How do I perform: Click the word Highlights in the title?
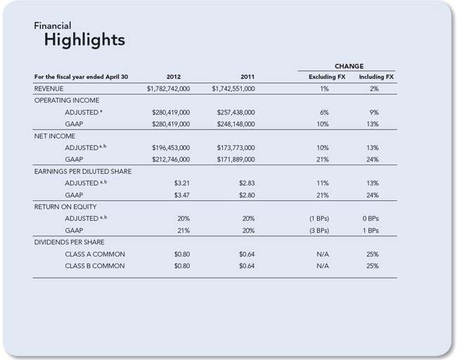coord(84,40)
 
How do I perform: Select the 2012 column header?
coord(174,77)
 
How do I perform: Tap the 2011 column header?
coord(247,77)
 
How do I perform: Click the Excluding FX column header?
coord(327,77)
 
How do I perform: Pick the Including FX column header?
coord(376,77)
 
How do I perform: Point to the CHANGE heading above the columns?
coord(349,66)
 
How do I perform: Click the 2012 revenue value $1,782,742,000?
coord(168,89)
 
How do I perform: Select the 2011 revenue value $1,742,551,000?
coord(233,89)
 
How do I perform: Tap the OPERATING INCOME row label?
coord(67,101)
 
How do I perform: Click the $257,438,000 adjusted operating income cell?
coord(236,112)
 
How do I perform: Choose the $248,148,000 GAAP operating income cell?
coord(236,124)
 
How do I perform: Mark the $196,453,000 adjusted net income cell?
coord(171,148)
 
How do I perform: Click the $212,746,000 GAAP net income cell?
coord(171,160)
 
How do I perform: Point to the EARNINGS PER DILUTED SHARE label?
coord(83,172)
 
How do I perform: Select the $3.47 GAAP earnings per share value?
coord(182,195)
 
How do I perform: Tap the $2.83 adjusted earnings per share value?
coord(247,184)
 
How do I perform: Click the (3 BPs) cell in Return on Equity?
coord(319,231)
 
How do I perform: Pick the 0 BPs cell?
coord(371,219)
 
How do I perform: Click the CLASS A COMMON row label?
coord(95,255)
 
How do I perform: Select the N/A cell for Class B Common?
coord(323,266)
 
